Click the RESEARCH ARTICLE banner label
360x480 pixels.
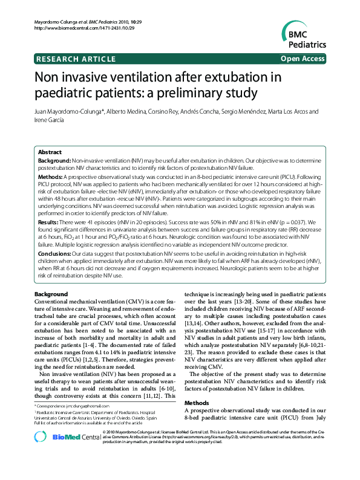(76, 59)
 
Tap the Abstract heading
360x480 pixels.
(50, 152)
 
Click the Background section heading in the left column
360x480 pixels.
(51, 294)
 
